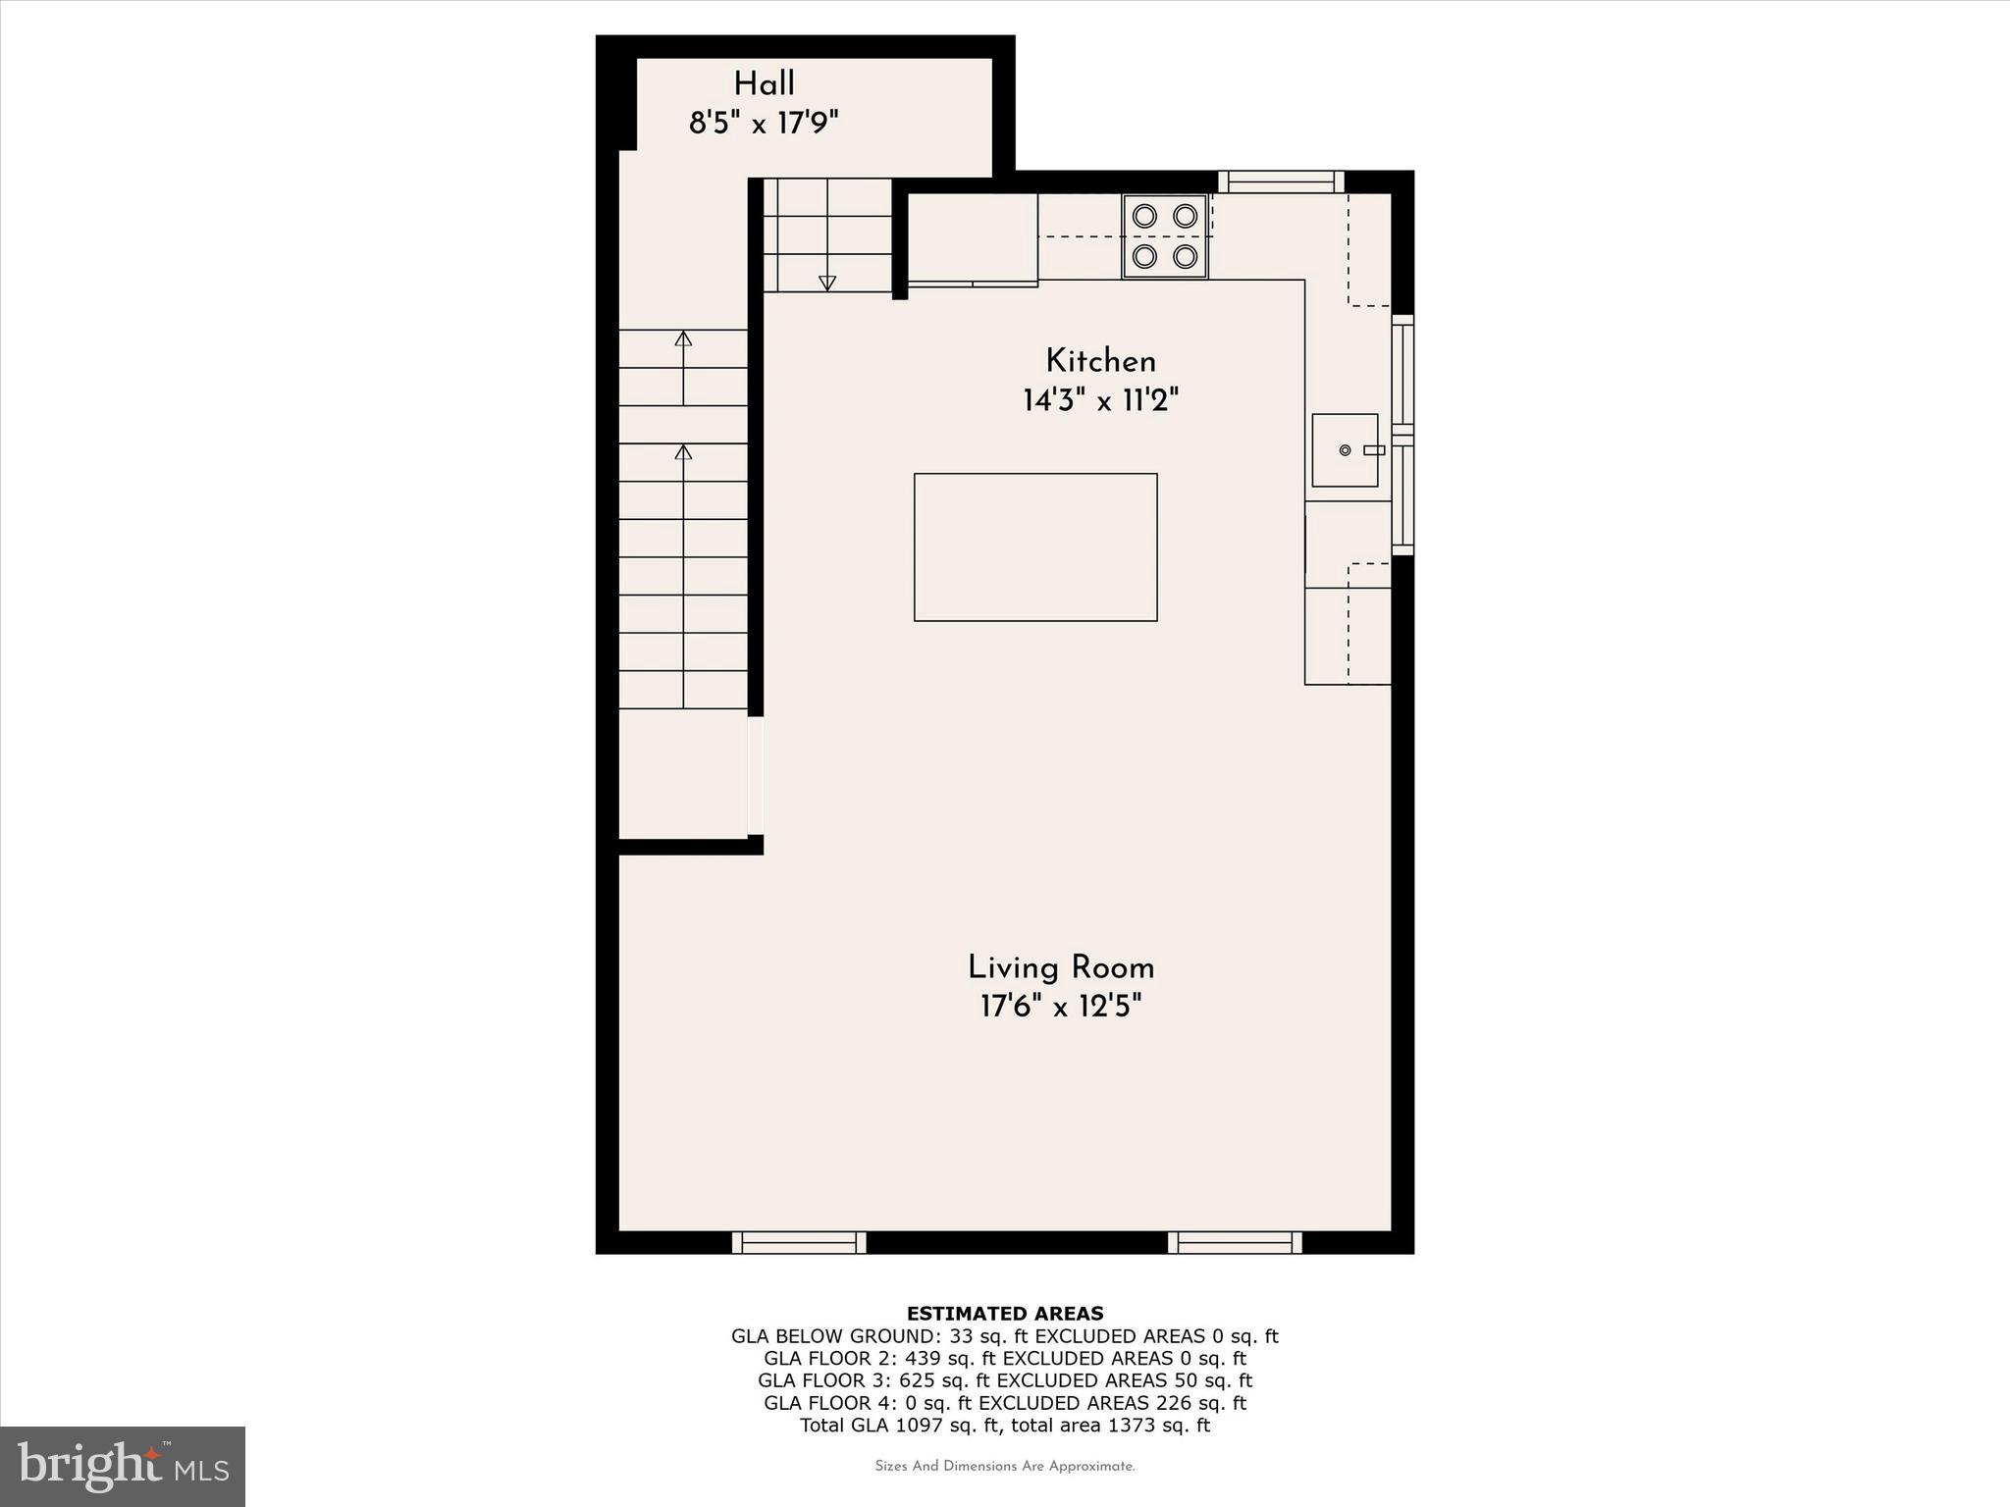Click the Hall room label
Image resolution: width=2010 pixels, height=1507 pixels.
coord(764,84)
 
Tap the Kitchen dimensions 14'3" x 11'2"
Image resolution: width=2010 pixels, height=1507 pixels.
coord(1100,401)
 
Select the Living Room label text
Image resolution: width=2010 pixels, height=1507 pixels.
coord(1061,968)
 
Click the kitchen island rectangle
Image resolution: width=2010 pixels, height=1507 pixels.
coord(1035,547)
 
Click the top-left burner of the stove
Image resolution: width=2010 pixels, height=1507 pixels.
coord(1144,216)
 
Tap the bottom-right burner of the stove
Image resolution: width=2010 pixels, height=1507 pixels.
coord(1186,257)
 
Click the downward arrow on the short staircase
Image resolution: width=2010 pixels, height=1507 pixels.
coord(827,283)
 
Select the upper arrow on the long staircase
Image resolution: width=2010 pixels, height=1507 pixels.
coord(684,339)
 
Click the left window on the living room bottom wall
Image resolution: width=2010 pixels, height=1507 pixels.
coord(799,1243)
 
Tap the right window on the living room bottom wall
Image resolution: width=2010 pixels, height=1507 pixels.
coord(1235,1243)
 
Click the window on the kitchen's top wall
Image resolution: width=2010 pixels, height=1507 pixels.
coord(1281,182)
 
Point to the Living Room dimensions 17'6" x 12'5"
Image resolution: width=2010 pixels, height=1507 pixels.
coord(1061,1007)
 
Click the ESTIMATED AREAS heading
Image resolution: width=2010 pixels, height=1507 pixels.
coord(1004,1314)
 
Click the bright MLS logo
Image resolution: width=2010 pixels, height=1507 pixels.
coord(122,1466)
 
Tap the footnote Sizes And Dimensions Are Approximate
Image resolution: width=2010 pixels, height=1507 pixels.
coord(1004,1467)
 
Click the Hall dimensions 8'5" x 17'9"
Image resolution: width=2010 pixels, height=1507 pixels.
coord(764,125)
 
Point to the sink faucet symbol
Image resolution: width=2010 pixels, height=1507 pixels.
coord(1373,450)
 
